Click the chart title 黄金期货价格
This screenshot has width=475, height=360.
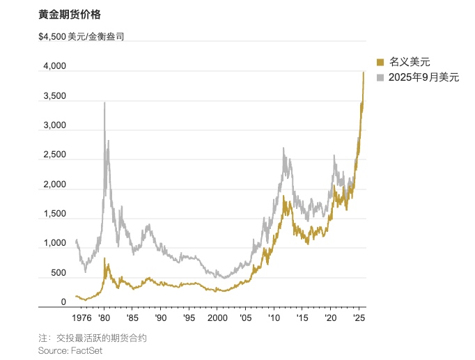[x=70, y=14]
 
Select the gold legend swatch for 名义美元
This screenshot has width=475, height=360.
[x=380, y=62]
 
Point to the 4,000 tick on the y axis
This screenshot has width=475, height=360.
[x=54, y=67]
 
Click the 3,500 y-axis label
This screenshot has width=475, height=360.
[x=54, y=96]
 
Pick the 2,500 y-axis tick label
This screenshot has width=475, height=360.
[x=54, y=155]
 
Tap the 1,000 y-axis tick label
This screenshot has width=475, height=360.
[x=54, y=244]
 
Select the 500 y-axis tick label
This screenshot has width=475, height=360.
[x=58, y=273]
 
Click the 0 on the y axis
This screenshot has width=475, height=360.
[x=63, y=302]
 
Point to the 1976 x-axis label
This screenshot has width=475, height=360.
[x=81, y=318]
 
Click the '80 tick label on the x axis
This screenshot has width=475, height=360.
[x=103, y=318]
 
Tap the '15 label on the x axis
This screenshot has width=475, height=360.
[x=302, y=318]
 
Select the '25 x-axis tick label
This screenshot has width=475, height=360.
[x=359, y=318]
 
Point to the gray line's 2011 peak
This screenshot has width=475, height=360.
[x=284, y=148]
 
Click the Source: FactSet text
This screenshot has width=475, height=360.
[x=70, y=350]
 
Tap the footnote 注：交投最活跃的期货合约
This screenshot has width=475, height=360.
[x=93, y=338]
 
